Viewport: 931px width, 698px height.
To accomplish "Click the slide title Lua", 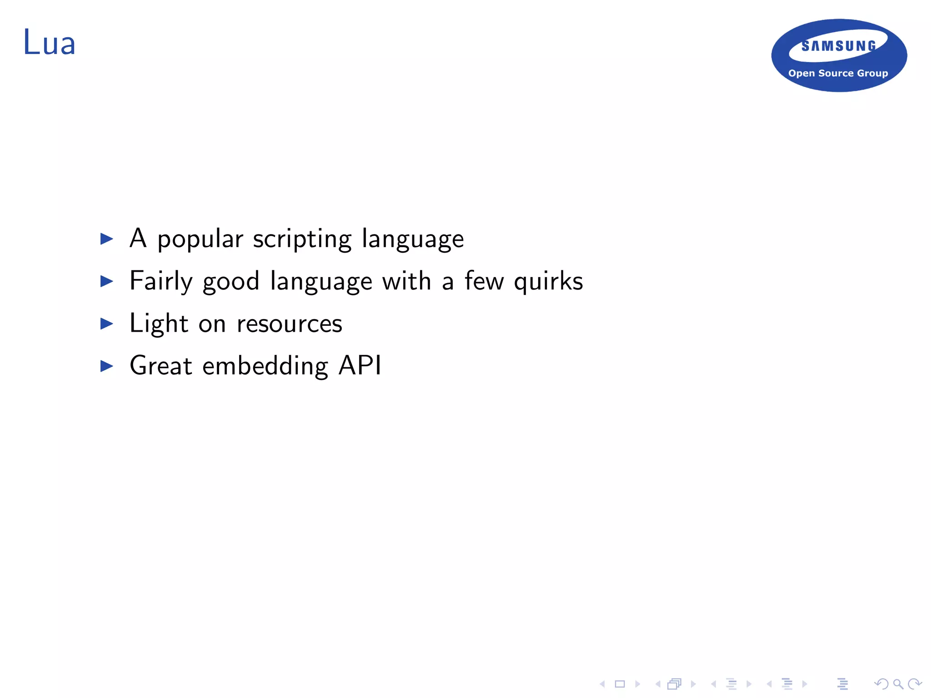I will [x=49, y=43].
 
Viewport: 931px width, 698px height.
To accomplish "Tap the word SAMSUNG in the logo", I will [x=839, y=46].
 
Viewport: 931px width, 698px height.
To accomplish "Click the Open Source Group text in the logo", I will [x=838, y=73].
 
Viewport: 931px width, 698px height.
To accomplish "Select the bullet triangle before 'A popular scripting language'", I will [x=106, y=239].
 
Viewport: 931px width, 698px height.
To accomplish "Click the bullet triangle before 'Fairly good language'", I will [x=106, y=281].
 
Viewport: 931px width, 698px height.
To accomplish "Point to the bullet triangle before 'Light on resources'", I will [x=106, y=324].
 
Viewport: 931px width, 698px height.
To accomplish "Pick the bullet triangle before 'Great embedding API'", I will [x=106, y=366].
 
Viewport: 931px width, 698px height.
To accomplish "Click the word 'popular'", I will [x=200, y=239].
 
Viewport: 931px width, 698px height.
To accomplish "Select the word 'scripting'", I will [x=302, y=239].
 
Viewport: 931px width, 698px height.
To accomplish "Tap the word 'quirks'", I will [x=548, y=282].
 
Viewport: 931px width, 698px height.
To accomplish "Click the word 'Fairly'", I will [x=161, y=282].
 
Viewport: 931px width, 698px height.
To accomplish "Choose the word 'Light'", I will [x=159, y=324].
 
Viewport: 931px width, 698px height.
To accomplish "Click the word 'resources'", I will [x=289, y=324].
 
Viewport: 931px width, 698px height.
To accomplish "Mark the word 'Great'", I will [x=161, y=366].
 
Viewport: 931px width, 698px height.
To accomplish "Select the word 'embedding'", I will [x=265, y=366].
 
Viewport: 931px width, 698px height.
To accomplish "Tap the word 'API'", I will [x=360, y=365].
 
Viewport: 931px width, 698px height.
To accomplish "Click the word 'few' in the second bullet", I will [x=484, y=281].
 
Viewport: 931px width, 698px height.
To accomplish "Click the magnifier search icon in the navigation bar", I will [x=898, y=684].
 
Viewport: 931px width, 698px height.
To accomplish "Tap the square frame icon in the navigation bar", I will [x=620, y=684].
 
